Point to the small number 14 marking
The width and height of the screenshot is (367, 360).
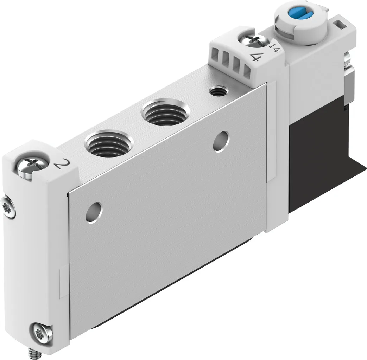coord(274,47)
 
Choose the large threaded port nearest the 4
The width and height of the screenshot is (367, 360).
coord(165,113)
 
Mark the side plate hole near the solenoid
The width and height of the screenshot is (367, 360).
coord(221,141)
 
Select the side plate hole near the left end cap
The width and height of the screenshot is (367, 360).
coord(94,212)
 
